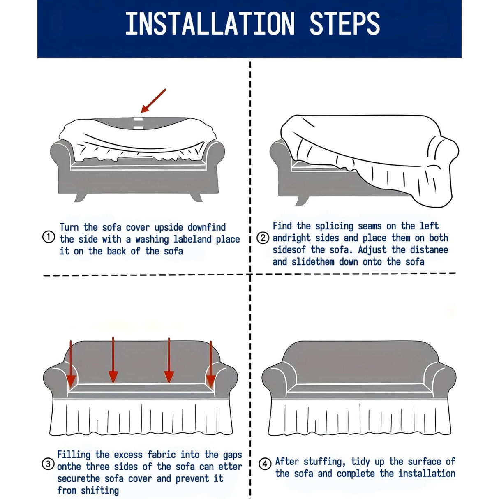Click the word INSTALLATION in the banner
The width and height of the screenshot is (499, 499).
coord(210,23)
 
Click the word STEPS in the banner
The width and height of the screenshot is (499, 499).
coord(345,23)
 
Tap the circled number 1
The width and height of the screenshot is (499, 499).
coord(49,237)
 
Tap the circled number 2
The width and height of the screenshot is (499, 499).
coord(263,238)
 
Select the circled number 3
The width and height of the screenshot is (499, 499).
coord(48,464)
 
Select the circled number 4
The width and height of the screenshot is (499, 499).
coord(265,464)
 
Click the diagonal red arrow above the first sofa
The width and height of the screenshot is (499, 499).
coord(153,101)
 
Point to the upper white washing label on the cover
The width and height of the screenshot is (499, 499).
coord(138,119)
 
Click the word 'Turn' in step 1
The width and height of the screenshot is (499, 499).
coord(69,227)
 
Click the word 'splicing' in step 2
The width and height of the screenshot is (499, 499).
coord(334,226)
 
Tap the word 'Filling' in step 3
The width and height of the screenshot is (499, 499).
coord(74,455)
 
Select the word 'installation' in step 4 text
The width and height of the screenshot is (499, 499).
coord(427,474)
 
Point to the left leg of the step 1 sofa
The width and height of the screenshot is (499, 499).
coord(80,197)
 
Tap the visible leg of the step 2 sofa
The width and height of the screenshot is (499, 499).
coord(301,201)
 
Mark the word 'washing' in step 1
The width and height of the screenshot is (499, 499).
coord(152,240)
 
